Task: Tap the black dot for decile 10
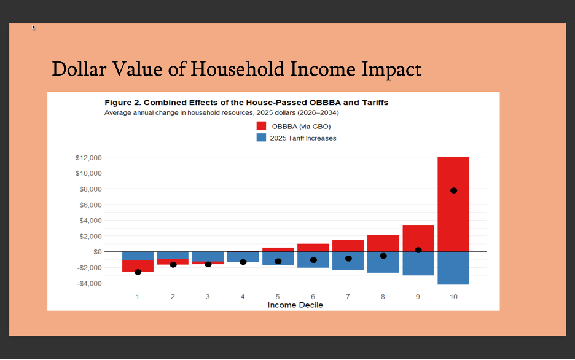pos(453,190)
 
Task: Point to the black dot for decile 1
pos(138,272)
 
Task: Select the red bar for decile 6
pos(313,247)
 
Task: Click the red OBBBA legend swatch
pos(261,126)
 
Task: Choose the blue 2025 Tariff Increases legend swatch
pos(261,138)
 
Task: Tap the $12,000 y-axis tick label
pos(88,158)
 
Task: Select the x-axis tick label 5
pos(278,297)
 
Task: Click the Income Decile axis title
pos(295,305)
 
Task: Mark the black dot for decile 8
pos(383,256)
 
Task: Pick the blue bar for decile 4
pos(243,257)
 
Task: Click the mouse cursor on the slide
pos(34,27)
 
